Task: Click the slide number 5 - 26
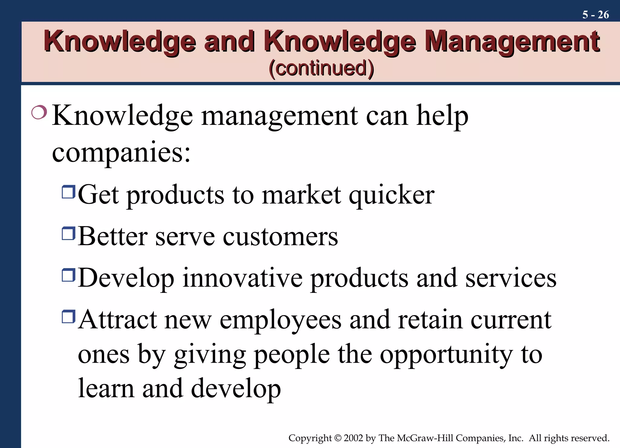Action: pyautogui.click(x=595, y=15)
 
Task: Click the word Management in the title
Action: pyautogui.click(x=512, y=42)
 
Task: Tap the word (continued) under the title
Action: pyautogui.click(x=321, y=68)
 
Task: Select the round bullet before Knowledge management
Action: pyautogui.click(x=39, y=112)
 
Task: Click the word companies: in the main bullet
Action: pyautogui.click(x=121, y=152)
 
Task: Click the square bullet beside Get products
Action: pyautogui.click(x=68, y=192)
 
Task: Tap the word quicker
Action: pyautogui.click(x=391, y=195)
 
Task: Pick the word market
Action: pyautogui.click(x=301, y=195)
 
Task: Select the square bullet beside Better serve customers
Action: pyautogui.click(x=68, y=233)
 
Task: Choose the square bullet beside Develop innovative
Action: pyautogui.click(x=68, y=275)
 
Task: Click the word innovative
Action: pyautogui.click(x=242, y=278)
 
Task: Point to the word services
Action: pyautogui.click(x=511, y=278)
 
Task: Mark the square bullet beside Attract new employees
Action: pyautogui.click(x=68, y=317)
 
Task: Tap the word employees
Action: pyautogui.click(x=280, y=320)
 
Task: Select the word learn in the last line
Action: pyautogui.click(x=106, y=388)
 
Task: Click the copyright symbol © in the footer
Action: pyautogui.click(x=338, y=438)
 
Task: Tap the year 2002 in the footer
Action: pyautogui.click(x=353, y=438)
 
